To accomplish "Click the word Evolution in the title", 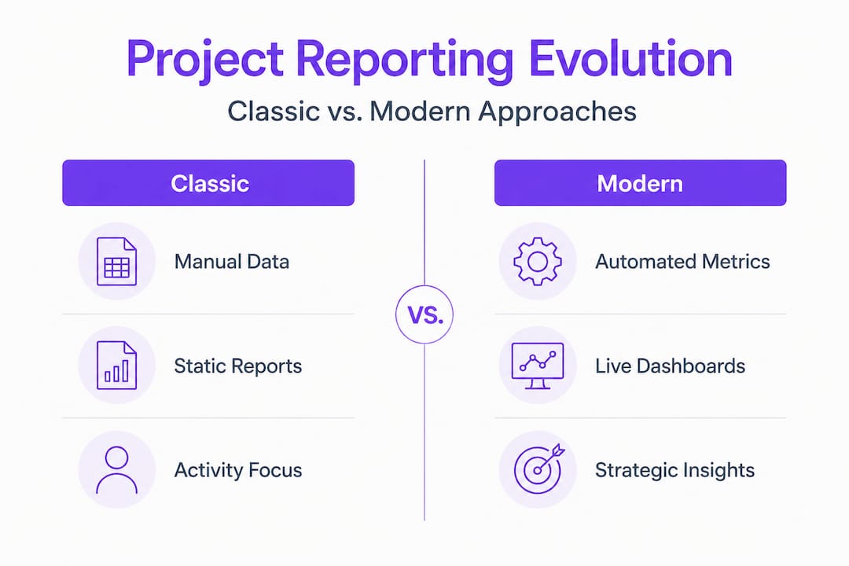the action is point(630,58).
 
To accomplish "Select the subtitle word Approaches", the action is point(557,112).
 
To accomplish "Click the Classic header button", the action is point(208,182).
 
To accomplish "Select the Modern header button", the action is point(640,182).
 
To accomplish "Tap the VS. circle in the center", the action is point(424,314).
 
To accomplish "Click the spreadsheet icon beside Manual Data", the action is point(116,261).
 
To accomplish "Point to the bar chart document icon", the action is point(116,365).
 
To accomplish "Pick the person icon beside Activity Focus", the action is point(116,469).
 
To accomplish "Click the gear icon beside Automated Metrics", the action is point(537,261).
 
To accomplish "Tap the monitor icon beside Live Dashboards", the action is point(538,366).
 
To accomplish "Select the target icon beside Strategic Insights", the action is point(538,469).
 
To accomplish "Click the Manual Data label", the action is point(232,262).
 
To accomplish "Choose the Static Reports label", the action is point(238,366).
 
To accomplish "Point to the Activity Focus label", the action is point(238,470).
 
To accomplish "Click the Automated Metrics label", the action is point(682,262).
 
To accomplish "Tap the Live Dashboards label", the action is point(671,366).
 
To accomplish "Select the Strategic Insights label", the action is point(674,470).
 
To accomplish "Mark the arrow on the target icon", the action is point(550,458).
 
